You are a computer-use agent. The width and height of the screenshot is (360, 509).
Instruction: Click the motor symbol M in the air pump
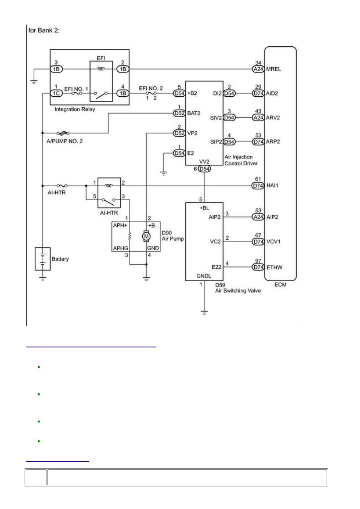pyautogui.click(x=146, y=236)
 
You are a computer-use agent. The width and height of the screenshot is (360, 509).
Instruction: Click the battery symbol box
pyautogui.click(x=42, y=259)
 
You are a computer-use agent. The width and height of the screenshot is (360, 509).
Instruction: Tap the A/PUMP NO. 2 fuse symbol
pyautogui.click(x=63, y=133)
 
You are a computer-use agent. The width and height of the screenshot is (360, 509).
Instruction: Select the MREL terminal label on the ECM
pyautogui.click(x=273, y=69)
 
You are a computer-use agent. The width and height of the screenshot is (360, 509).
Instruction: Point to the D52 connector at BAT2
pyautogui.click(x=179, y=113)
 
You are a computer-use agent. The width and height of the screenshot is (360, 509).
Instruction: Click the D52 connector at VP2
pyautogui.click(x=179, y=133)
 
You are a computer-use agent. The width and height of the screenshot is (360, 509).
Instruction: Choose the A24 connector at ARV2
pyautogui.click(x=258, y=118)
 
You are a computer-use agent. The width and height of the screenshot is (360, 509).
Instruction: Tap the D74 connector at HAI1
pyautogui.click(x=258, y=186)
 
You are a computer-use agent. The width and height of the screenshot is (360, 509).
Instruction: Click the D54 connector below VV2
pyautogui.click(x=204, y=169)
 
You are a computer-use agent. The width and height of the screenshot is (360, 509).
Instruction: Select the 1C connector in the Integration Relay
pyautogui.click(x=56, y=93)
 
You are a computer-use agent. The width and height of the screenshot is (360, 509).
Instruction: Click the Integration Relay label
pyautogui.click(x=75, y=109)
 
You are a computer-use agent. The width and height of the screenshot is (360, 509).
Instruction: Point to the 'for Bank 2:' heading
pyautogui.click(x=44, y=30)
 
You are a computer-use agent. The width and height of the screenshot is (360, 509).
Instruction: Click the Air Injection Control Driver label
pyautogui.click(x=241, y=160)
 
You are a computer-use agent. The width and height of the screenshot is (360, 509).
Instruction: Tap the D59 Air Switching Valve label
pyautogui.click(x=238, y=288)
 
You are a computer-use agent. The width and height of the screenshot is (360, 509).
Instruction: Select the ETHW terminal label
pyautogui.click(x=274, y=268)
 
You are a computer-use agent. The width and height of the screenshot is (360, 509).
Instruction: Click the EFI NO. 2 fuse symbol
pyautogui.click(x=151, y=93)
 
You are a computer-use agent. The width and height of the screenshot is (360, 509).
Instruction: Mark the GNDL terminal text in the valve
pyautogui.click(x=204, y=276)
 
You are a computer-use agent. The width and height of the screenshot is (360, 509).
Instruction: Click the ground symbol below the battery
pyautogui.click(x=42, y=279)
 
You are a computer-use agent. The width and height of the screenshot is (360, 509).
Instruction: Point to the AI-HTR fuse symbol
pyautogui.click(x=62, y=186)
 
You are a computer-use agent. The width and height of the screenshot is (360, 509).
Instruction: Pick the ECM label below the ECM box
pyautogui.click(x=280, y=285)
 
